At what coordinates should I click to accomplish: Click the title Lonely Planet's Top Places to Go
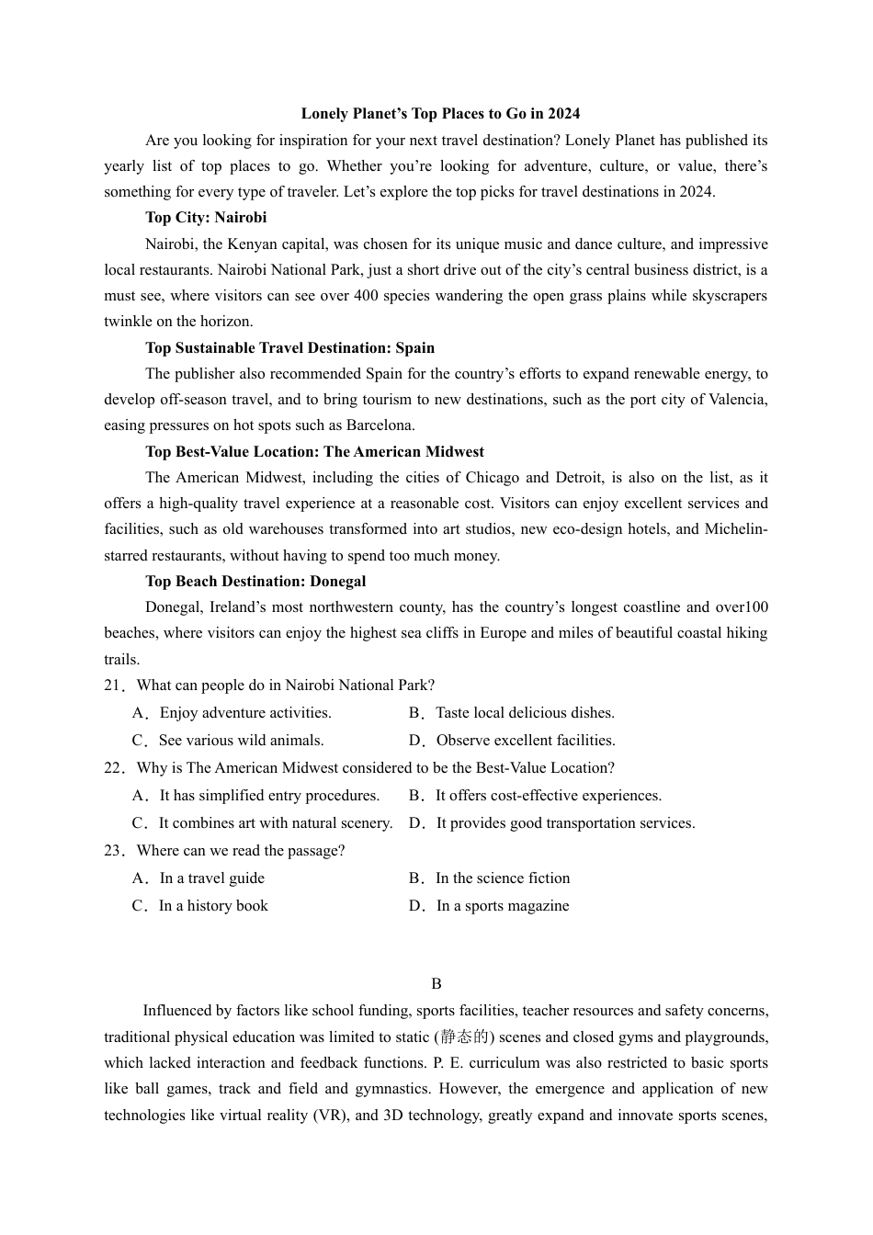[440, 114]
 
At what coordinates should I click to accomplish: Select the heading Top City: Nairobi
[206, 218]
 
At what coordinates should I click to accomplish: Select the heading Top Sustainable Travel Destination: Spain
[289, 348]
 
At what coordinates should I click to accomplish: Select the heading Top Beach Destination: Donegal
[255, 582]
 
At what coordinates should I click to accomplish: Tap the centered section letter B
[436, 984]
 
